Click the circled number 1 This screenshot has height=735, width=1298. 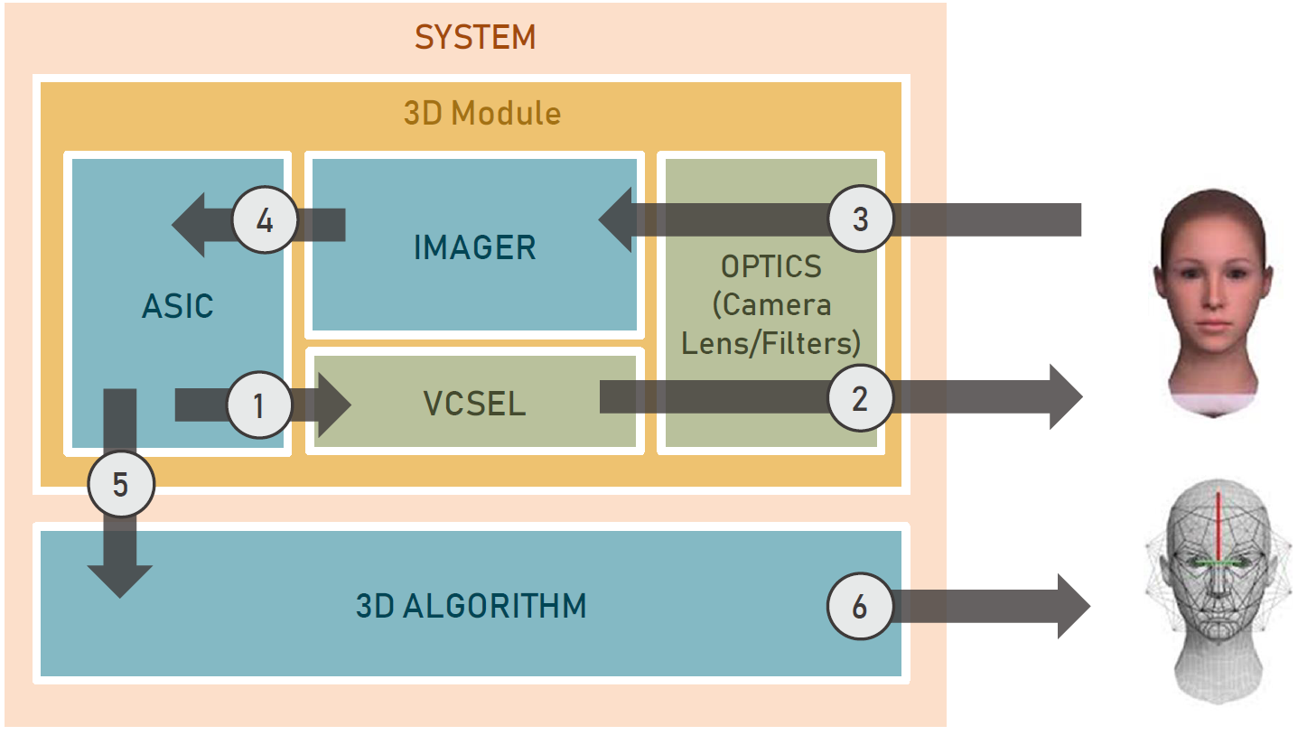(x=258, y=405)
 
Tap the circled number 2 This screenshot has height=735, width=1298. (x=860, y=397)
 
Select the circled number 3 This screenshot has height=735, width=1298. (x=861, y=219)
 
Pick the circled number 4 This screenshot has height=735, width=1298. (x=265, y=221)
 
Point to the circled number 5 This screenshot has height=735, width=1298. (x=121, y=485)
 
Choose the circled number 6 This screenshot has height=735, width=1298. (x=859, y=607)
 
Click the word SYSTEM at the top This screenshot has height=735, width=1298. (x=475, y=38)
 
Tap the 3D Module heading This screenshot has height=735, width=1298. (x=481, y=113)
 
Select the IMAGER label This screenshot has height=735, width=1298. (x=475, y=247)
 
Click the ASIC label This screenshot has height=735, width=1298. (x=178, y=306)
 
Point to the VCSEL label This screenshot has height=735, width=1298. (x=474, y=404)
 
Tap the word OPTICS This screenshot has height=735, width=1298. (x=771, y=266)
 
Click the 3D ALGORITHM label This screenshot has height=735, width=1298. (x=471, y=606)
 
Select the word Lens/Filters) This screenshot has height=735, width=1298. (x=771, y=342)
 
